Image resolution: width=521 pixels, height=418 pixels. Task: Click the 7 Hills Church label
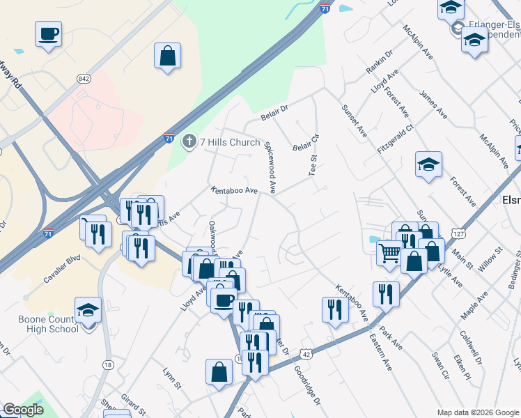click(230, 142)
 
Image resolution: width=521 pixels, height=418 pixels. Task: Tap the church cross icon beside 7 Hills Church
click(189, 142)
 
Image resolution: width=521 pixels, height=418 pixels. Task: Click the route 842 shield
click(84, 79)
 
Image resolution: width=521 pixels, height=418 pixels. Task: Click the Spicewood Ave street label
click(270, 167)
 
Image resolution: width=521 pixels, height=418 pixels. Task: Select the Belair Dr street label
click(274, 110)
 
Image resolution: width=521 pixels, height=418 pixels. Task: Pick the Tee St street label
click(313, 165)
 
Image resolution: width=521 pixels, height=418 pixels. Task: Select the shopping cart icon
click(389, 251)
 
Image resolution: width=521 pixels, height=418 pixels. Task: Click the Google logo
click(24, 410)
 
